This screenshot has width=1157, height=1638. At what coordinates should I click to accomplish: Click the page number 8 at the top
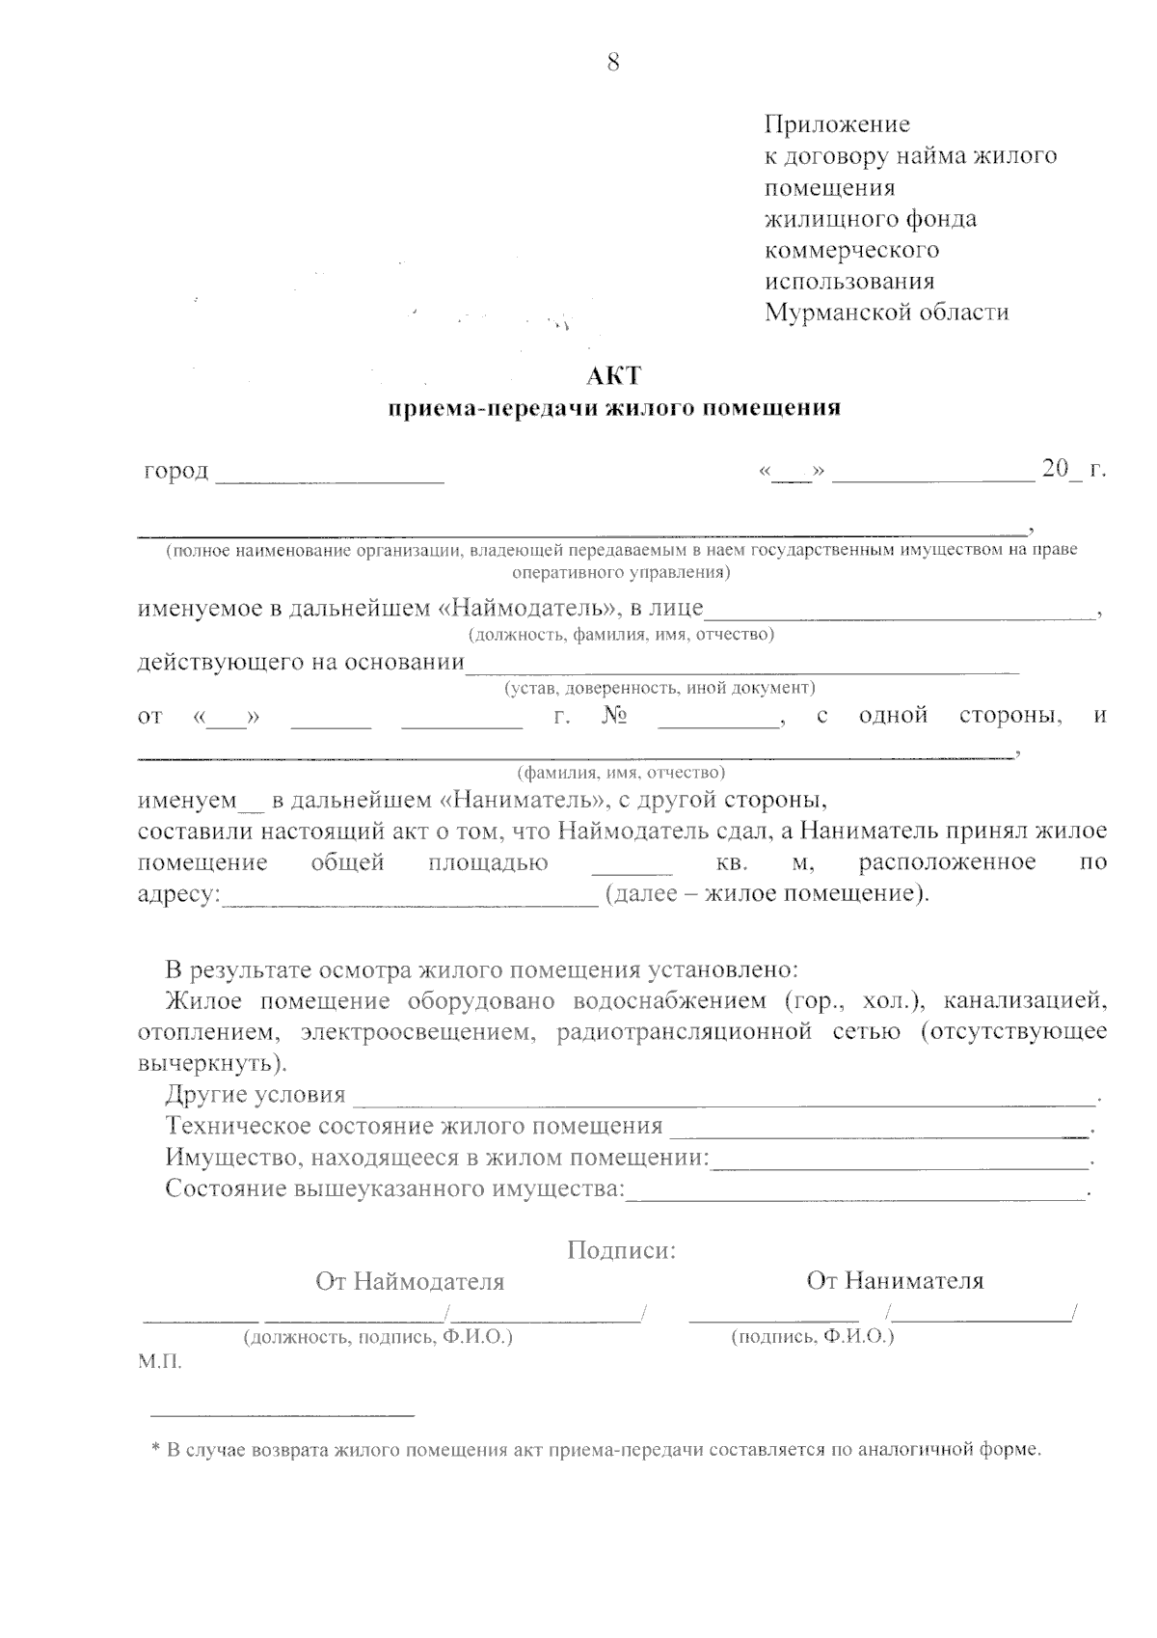[x=613, y=63]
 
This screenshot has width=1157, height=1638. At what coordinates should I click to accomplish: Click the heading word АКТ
[x=613, y=375]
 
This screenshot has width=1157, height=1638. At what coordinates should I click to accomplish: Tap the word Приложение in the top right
[x=837, y=124]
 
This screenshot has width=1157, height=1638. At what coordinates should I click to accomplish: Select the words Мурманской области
[x=887, y=313]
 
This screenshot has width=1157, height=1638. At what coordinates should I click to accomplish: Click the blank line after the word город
[x=330, y=475]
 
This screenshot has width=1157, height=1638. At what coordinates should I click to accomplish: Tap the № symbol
[x=615, y=717]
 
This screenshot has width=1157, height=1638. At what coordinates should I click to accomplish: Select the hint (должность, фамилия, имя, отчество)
[x=621, y=635]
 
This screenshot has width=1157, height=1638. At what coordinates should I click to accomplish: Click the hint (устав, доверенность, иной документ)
[x=659, y=688]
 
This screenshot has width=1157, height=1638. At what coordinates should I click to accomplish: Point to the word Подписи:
[x=622, y=1251]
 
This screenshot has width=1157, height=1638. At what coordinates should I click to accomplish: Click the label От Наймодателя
[x=410, y=1282]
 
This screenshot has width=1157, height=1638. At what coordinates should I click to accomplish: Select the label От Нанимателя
[x=895, y=1281]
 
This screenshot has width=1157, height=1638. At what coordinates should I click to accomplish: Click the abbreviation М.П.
[x=159, y=1363]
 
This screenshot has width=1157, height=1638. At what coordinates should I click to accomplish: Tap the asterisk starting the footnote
[x=155, y=1449]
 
